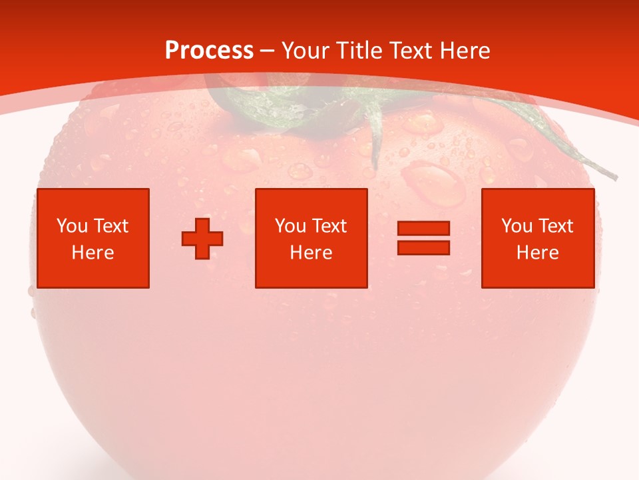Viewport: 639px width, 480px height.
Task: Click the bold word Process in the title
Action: pos(209,51)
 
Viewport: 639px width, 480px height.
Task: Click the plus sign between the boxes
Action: pos(202,238)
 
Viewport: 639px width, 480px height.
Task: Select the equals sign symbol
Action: pos(423,238)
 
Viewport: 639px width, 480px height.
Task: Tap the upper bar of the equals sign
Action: pos(423,229)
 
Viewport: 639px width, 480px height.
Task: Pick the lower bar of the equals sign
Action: pos(423,247)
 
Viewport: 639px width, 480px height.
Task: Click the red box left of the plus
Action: pos(93,238)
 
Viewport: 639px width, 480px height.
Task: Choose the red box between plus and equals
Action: pos(311,238)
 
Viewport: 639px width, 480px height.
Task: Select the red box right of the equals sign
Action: pos(537,238)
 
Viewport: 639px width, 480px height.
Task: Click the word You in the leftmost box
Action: pos(72,226)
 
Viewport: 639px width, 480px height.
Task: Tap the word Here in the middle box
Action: pos(311,253)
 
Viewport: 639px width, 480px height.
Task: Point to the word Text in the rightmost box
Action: pos(555,226)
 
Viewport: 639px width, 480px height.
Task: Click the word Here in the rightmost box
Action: pos(537,253)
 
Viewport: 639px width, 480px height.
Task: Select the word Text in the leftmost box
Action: pos(110,226)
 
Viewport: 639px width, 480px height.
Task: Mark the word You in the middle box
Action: pos(290,226)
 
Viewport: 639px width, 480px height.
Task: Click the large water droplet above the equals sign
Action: pos(434,183)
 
